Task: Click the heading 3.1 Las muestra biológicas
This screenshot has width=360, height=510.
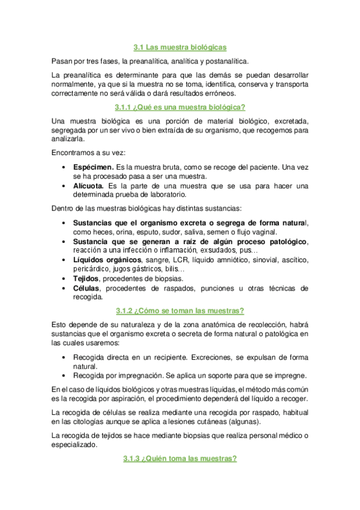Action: point(180,47)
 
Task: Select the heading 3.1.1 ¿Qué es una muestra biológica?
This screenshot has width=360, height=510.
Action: point(180,108)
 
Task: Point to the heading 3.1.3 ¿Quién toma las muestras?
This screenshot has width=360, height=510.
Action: point(180,459)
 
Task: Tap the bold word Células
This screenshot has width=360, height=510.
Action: point(86,289)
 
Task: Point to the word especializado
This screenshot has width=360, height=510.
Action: point(75,446)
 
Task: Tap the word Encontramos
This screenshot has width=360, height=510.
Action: point(75,153)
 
